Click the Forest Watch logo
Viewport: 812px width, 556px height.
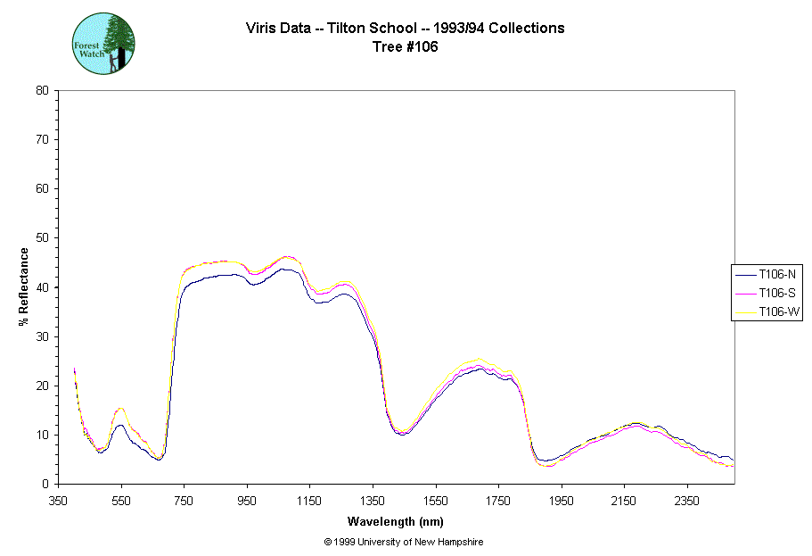click(x=103, y=43)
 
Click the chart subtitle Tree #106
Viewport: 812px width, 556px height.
click(x=405, y=47)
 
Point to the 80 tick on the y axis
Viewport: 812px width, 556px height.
click(x=42, y=90)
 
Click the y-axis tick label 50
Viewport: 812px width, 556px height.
click(x=42, y=238)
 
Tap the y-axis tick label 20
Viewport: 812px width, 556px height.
click(x=42, y=386)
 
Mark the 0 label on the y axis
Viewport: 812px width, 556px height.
click(x=45, y=484)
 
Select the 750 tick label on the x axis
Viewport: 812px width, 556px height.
click(x=185, y=501)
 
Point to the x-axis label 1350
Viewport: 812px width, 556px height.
click(x=373, y=501)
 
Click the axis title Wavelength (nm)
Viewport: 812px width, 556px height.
click(x=396, y=521)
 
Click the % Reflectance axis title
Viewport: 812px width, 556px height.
click(x=25, y=286)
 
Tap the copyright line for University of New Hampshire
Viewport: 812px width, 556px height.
click(x=404, y=542)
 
